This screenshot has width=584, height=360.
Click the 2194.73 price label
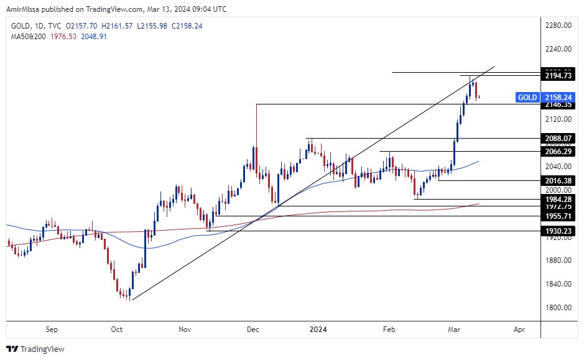pos(558,76)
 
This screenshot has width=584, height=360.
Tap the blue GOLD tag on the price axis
pos(527,98)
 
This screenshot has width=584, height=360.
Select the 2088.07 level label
pos(558,139)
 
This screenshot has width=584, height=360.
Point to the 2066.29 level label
pos(558,152)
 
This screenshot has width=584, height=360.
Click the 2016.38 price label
pos(558,180)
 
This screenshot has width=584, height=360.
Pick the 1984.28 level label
pos(558,199)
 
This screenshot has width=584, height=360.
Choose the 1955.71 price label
pos(558,216)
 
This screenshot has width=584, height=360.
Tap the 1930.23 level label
pos(558,231)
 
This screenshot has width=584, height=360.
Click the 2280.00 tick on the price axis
pos(558,25)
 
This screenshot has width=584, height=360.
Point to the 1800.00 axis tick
pos(558,308)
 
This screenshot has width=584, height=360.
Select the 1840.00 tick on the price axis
pos(558,284)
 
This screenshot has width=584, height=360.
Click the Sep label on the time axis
pos(52,330)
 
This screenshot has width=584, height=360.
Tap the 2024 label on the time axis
pos(318,330)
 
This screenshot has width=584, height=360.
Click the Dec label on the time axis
pos(253,330)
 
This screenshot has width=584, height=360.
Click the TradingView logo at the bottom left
pos(35,349)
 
